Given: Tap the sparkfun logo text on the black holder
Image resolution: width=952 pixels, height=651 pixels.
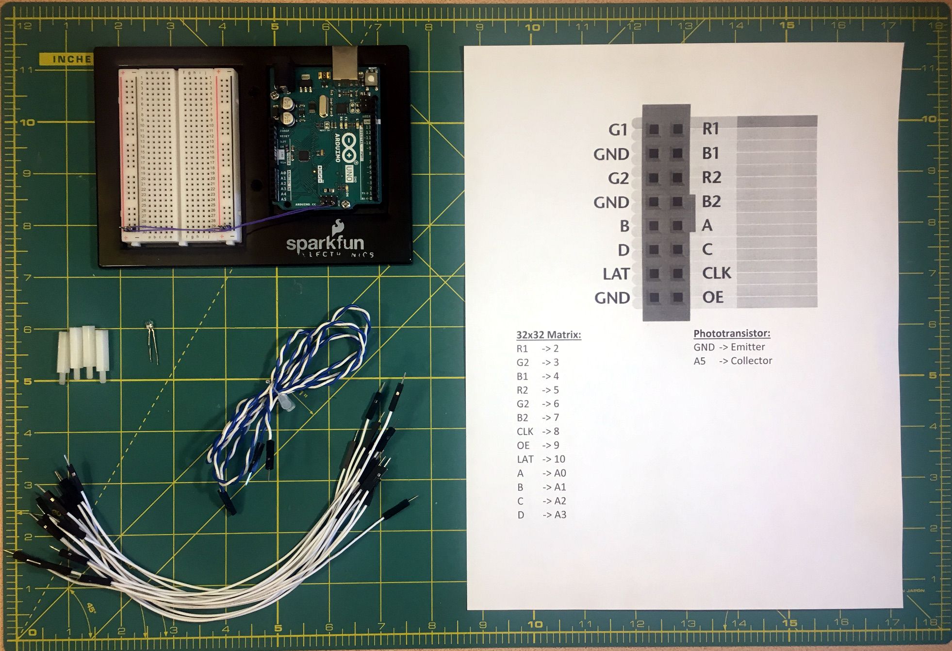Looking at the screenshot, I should tap(325, 242).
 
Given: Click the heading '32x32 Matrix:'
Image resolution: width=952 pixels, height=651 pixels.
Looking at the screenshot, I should tap(548, 334).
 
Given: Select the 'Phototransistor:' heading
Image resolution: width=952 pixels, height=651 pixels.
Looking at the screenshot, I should tap(732, 334).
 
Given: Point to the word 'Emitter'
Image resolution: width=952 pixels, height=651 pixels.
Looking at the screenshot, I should tap(748, 347).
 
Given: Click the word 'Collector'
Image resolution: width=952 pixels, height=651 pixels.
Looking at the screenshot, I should tap(751, 361).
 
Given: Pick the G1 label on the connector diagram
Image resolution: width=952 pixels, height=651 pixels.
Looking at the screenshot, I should tap(618, 130).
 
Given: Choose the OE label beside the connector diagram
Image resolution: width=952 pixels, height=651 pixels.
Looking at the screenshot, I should tap(713, 297).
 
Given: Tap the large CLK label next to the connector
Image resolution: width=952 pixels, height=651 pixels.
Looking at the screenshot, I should tap(716, 273).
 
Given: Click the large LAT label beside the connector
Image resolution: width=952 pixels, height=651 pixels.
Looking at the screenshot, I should tap(616, 274).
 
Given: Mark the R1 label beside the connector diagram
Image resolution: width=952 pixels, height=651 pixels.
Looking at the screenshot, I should tap(710, 129).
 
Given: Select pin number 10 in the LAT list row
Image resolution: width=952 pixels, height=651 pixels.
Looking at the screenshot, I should tap(559, 459).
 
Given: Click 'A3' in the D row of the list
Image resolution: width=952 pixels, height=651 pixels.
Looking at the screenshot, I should tap(560, 515).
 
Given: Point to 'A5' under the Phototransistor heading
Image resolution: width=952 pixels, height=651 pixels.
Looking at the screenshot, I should tap(699, 361).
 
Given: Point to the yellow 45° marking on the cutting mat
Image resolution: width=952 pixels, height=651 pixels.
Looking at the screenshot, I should tap(90, 607).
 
